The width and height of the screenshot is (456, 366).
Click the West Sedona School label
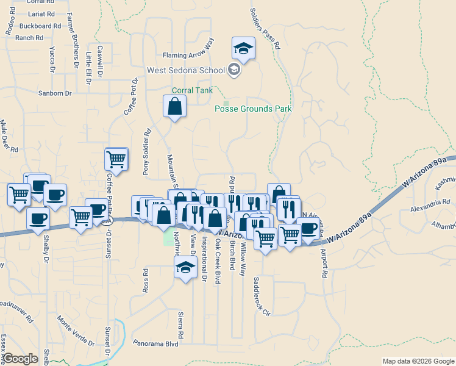186,70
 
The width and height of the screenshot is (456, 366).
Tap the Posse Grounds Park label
253,109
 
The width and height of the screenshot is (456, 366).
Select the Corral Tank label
192,90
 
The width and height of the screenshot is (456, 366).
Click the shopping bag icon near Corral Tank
174,107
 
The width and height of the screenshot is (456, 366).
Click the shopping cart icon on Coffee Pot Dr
116,160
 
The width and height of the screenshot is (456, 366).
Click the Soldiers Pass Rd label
266,28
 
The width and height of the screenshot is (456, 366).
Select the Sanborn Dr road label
55,93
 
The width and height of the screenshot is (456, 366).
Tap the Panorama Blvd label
155,343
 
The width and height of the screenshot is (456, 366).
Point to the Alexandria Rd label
430,201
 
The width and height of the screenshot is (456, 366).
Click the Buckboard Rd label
40,26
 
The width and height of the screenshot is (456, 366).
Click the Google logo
21,358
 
